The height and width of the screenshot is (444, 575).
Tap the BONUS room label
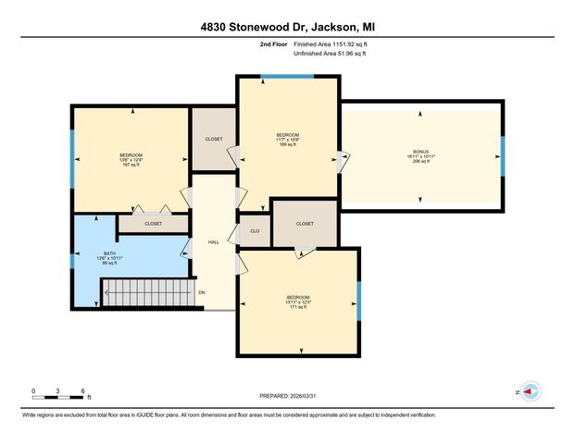[421, 155]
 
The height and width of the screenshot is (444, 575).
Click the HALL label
[213, 241]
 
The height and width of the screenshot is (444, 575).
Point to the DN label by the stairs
[202, 293]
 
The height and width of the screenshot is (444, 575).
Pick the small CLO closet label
[254, 231]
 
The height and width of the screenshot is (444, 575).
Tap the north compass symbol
[530, 392]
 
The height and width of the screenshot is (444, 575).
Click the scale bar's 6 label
[83, 391]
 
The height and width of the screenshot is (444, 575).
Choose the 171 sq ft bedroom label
[297, 302]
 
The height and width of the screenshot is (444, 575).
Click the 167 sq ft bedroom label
[131, 160]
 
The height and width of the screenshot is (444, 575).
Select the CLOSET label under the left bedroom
[153, 223]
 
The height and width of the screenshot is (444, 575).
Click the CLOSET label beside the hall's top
[213, 139]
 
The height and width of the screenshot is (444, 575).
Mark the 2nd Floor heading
[274, 43]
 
